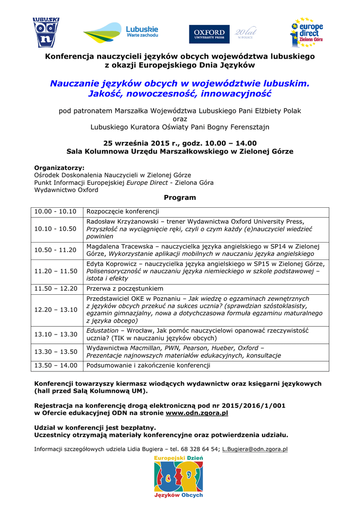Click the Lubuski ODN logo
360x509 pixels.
[x=46, y=33]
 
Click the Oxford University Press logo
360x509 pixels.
[x=209, y=34]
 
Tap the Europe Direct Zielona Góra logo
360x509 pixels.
[x=306, y=32]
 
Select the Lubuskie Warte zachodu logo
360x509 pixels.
[x=121, y=33]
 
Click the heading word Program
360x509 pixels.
[x=180, y=197]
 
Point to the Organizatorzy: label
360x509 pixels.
[x=59, y=168]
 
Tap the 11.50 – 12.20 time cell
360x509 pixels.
[x=56, y=289]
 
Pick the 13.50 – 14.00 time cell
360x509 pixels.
[x=56, y=365]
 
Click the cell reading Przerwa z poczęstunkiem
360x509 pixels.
[x=125, y=289]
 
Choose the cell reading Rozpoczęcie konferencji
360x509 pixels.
[x=122, y=212]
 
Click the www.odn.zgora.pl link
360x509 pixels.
[x=197, y=413]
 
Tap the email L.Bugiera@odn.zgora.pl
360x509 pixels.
[x=255, y=449]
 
